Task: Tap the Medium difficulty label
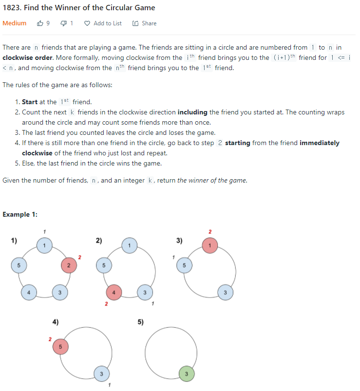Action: pos(15,23)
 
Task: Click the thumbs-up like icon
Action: pos(40,23)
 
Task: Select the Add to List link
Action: pos(107,23)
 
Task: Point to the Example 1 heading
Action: pos(20,214)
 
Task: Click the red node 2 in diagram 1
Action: pos(69,265)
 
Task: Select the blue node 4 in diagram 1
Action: pos(29,292)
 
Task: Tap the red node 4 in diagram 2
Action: pos(114,292)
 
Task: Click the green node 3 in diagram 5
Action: pos(185,374)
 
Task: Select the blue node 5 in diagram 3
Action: pos(185,265)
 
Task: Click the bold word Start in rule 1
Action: pos(30,102)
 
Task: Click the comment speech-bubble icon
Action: pos(63,23)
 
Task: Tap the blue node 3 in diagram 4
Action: pos(101,374)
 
